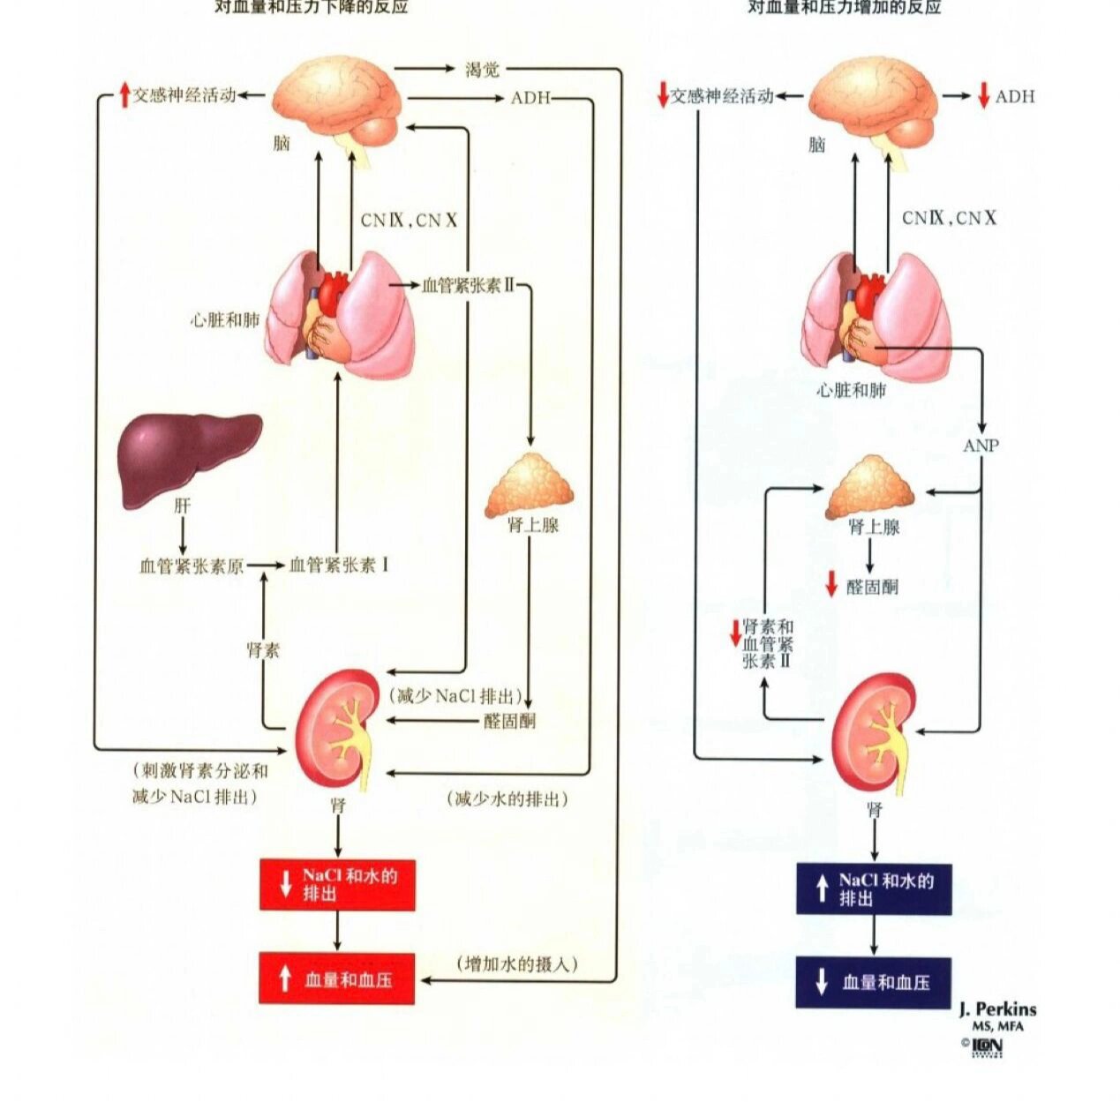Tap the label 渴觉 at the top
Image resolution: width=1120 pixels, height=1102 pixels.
tap(482, 69)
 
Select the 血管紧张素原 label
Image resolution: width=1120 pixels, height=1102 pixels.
tap(191, 566)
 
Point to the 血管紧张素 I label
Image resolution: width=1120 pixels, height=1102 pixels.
tap(339, 566)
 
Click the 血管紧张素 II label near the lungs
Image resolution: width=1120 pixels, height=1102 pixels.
tap(468, 285)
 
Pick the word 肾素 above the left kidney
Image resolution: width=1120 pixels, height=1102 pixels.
tap(262, 651)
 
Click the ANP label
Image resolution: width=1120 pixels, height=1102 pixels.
tap(981, 446)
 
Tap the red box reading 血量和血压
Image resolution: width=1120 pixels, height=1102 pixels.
tap(336, 978)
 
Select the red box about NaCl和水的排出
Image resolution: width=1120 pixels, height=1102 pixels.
tap(336, 884)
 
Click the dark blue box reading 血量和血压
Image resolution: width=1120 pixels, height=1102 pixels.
tap(873, 982)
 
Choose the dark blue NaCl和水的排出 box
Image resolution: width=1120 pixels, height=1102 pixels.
tap(873, 888)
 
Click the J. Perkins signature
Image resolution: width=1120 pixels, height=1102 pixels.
tap(997, 1010)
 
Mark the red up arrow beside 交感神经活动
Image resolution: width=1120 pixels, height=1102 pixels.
tap(124, 94)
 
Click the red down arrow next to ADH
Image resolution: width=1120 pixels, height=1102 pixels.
tap(983, 96)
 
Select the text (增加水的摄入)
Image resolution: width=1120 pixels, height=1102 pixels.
tap(518, 963)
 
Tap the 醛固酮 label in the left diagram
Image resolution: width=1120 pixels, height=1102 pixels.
tap(509, 721)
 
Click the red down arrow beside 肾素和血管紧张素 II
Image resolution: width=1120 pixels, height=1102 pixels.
tap(733, 633)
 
